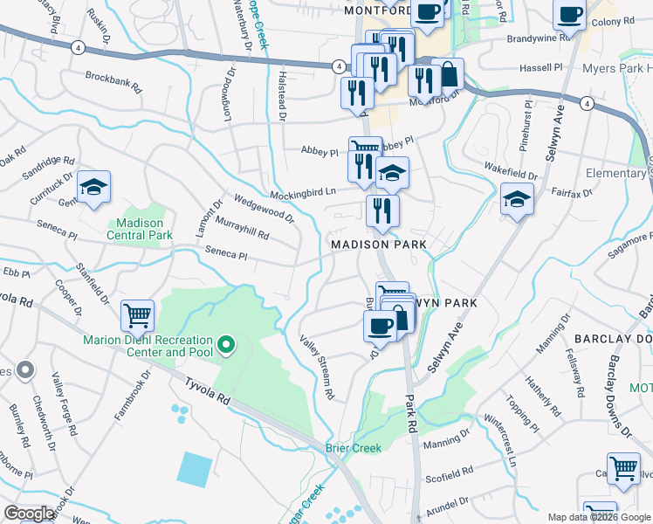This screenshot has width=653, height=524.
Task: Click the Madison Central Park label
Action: pyautogui.click(x=140, y=229)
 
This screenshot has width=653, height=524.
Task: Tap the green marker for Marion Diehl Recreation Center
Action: pyautogui.click(x=226, y=346)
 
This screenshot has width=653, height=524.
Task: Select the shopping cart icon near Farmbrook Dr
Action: pyautogui.click(x=137, y=315)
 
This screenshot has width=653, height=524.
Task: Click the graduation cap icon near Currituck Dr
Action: pyautogui.click(x=94, y=187)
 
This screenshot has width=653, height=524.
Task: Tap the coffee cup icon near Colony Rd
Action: pyautogui.click(x=569, y=15)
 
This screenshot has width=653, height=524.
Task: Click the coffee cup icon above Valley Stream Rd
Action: pyautogui.click(x=380, y=326)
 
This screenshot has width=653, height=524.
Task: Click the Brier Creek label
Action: pyautogui.click(x=354, y=448)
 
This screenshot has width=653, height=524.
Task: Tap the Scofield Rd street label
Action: pyautogui.click(x=448, y=479)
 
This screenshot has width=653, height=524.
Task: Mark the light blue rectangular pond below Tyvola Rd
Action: pyautogui.click(x=194, y=469)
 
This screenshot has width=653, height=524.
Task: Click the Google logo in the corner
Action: pyautogui.click(x=29, y=514)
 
